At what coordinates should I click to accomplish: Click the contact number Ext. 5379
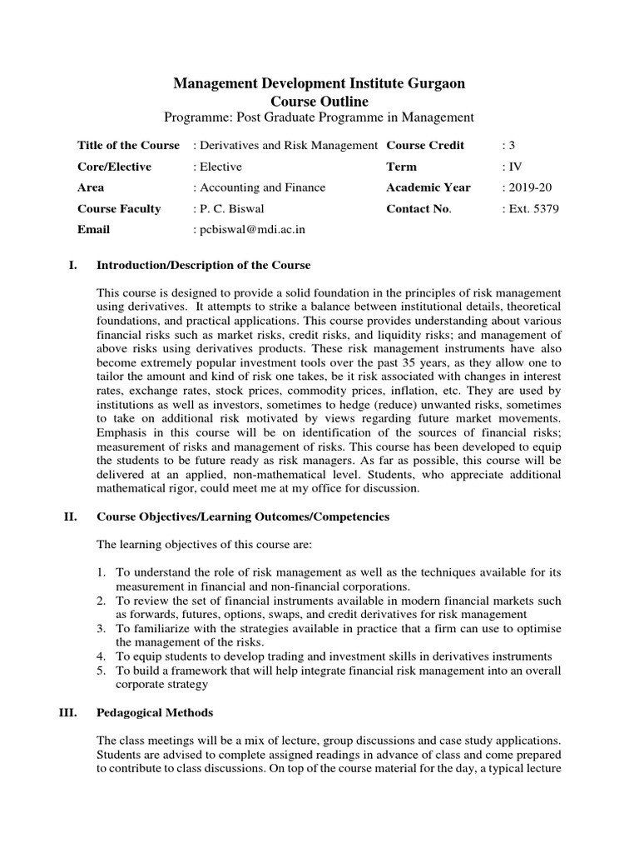(531, 208)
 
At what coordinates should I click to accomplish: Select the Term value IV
(512, 167)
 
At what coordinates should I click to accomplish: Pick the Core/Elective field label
(114, 167)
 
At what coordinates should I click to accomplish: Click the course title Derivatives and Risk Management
(285, 145)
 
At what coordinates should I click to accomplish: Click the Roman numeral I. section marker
(72, 265)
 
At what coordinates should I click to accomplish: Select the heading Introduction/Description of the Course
(204, 265)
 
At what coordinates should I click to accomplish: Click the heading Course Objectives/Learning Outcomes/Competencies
(243, 516)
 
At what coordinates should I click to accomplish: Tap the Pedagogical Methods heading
(155, 712)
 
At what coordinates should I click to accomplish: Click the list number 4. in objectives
(101, 656)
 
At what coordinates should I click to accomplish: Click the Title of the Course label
(128, 145)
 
